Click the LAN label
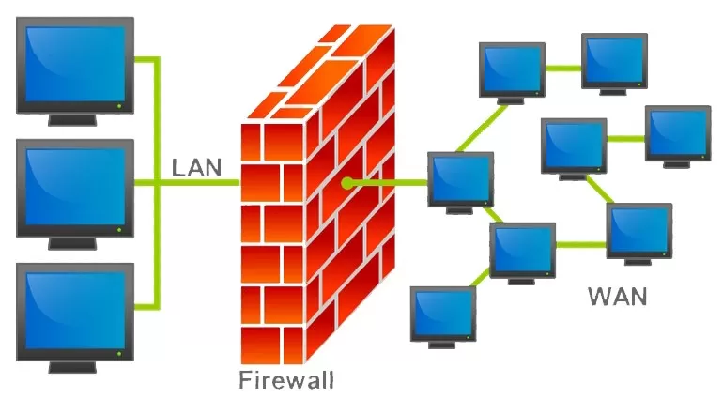pos(197,169)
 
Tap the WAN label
pos(618,298)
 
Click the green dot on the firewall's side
pos(347,182)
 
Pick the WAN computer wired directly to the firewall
pos(460,181)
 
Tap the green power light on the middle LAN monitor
pos(119,230)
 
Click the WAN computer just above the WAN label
pos(639,230)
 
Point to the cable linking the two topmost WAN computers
pos(562,68)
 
